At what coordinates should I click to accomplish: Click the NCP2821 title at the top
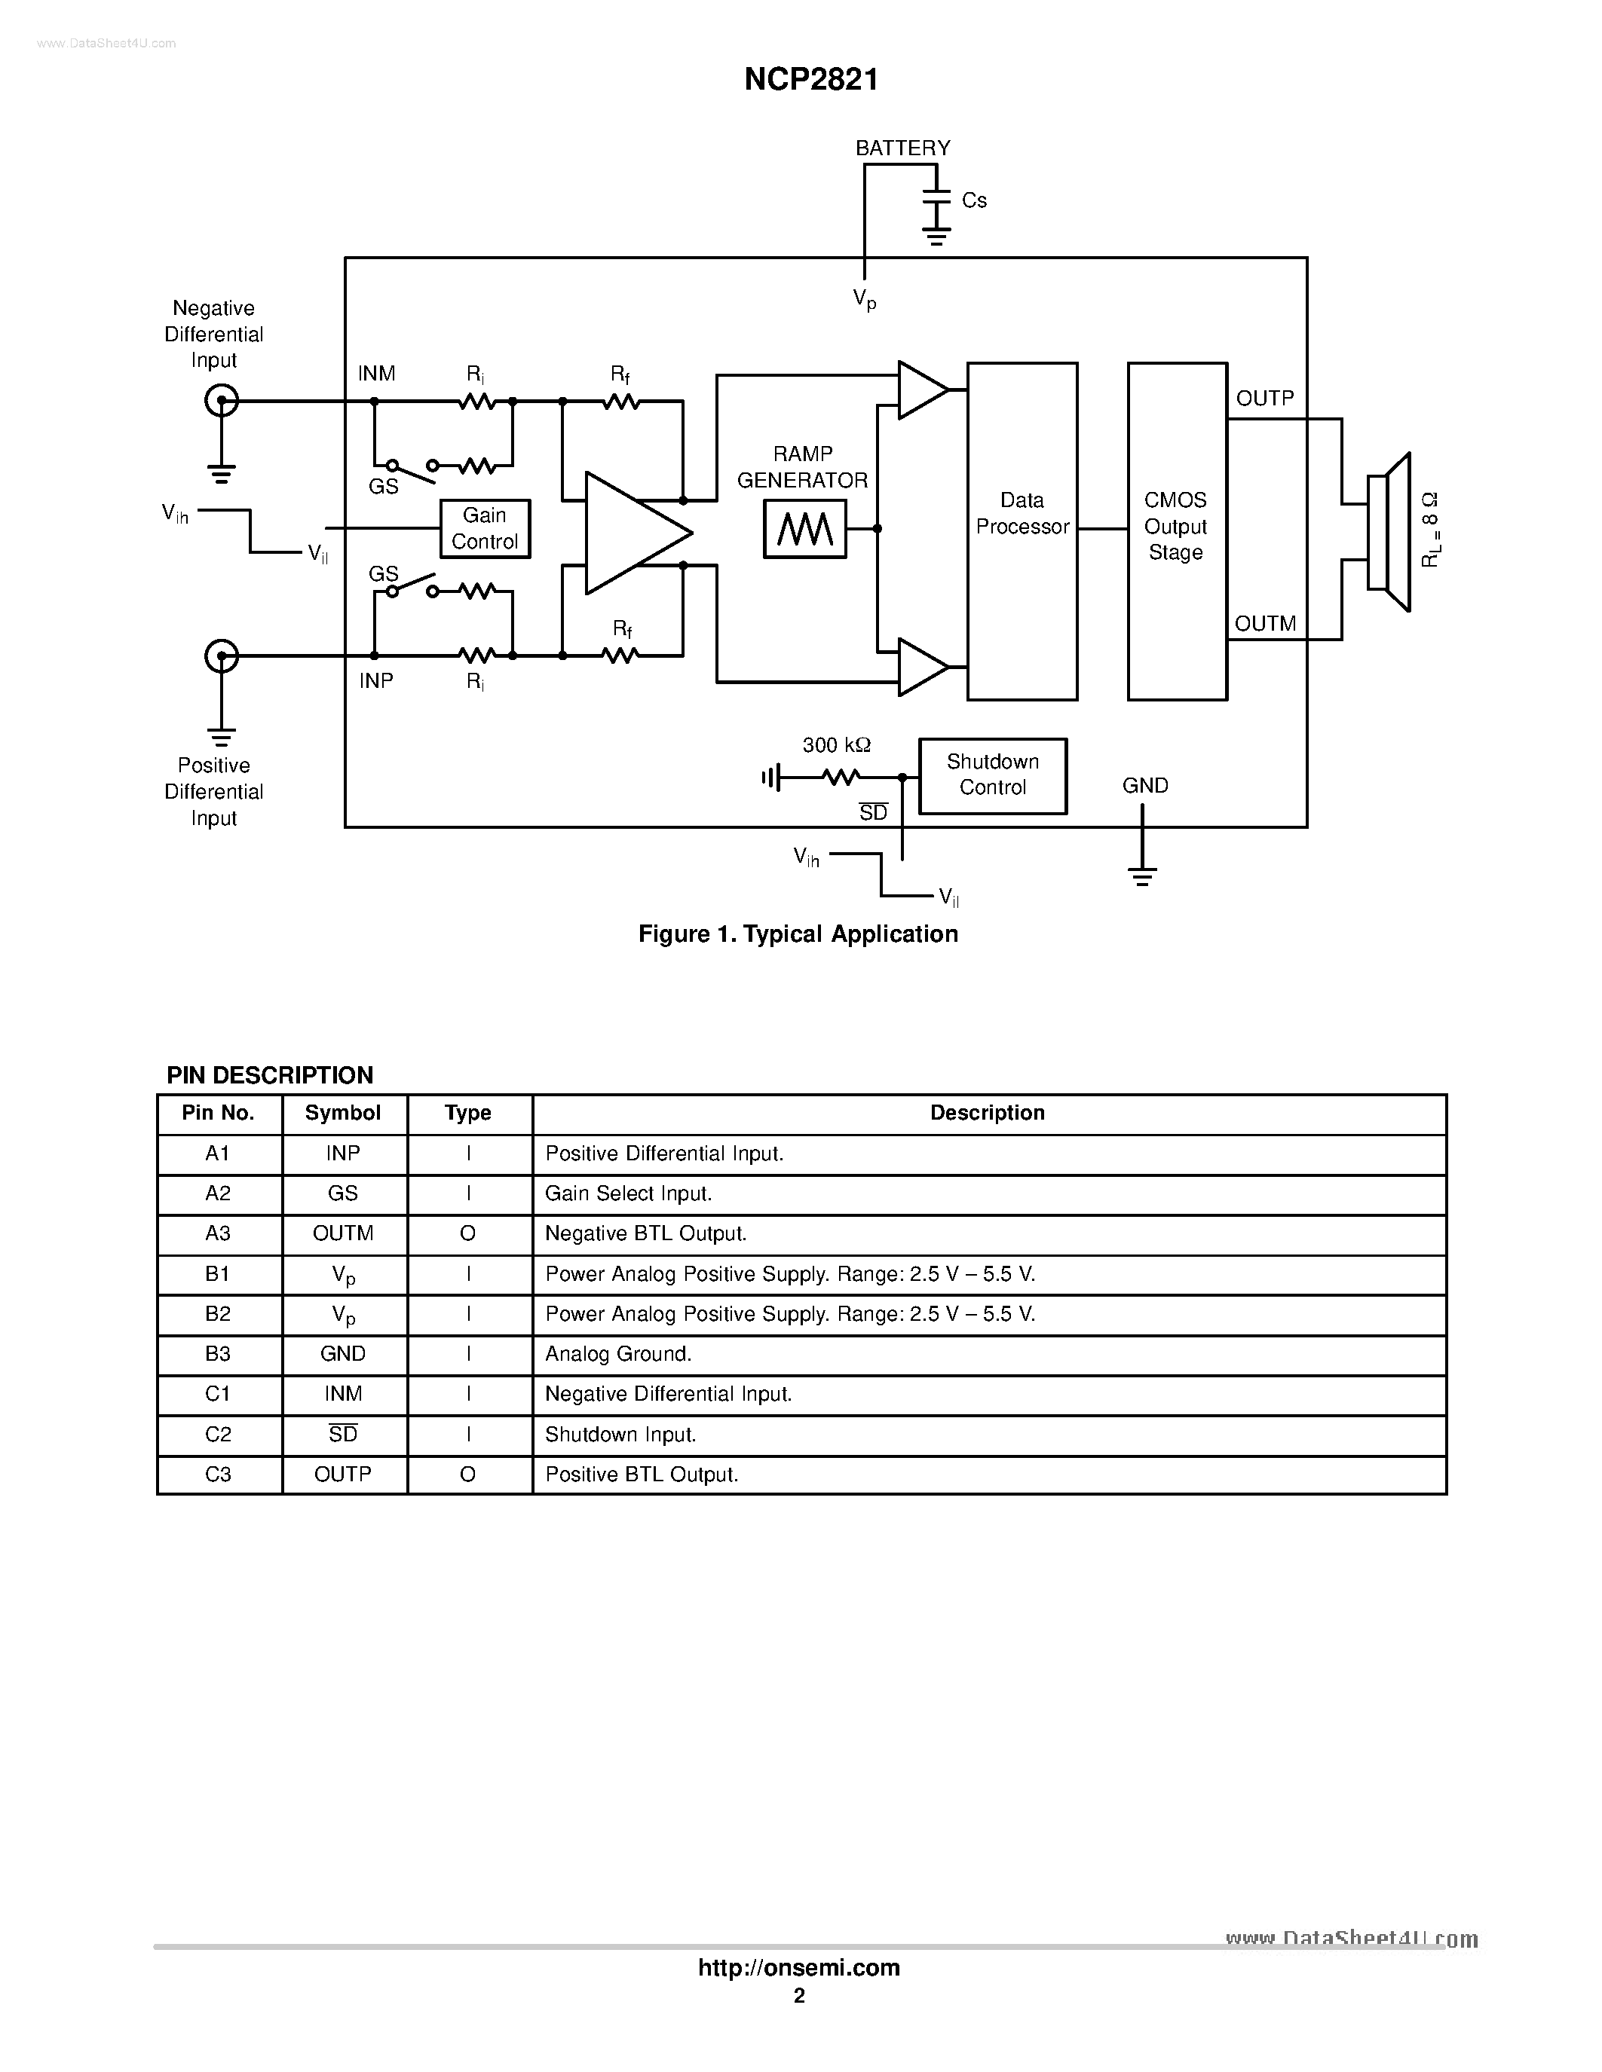tap(810, 79)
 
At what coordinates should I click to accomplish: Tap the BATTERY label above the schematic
tap(902, 148)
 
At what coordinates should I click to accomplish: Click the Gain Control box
tap(484, 528)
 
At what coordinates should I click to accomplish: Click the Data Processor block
tap(1022, 530)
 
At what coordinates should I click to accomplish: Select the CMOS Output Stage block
tap(1176, 530)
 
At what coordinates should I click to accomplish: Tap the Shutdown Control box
tap(992, 775)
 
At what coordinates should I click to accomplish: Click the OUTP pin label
tap(1264, 399)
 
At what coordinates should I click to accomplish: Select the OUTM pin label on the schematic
tap(1264, 623)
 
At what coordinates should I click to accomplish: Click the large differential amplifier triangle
tap(630, 533)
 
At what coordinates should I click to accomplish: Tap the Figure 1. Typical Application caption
tap(798, 934)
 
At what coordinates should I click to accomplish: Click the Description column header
tap(987, 1113)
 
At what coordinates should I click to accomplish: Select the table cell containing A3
tap(219, 1233)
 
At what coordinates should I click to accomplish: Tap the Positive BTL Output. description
tap(642, 1475)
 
